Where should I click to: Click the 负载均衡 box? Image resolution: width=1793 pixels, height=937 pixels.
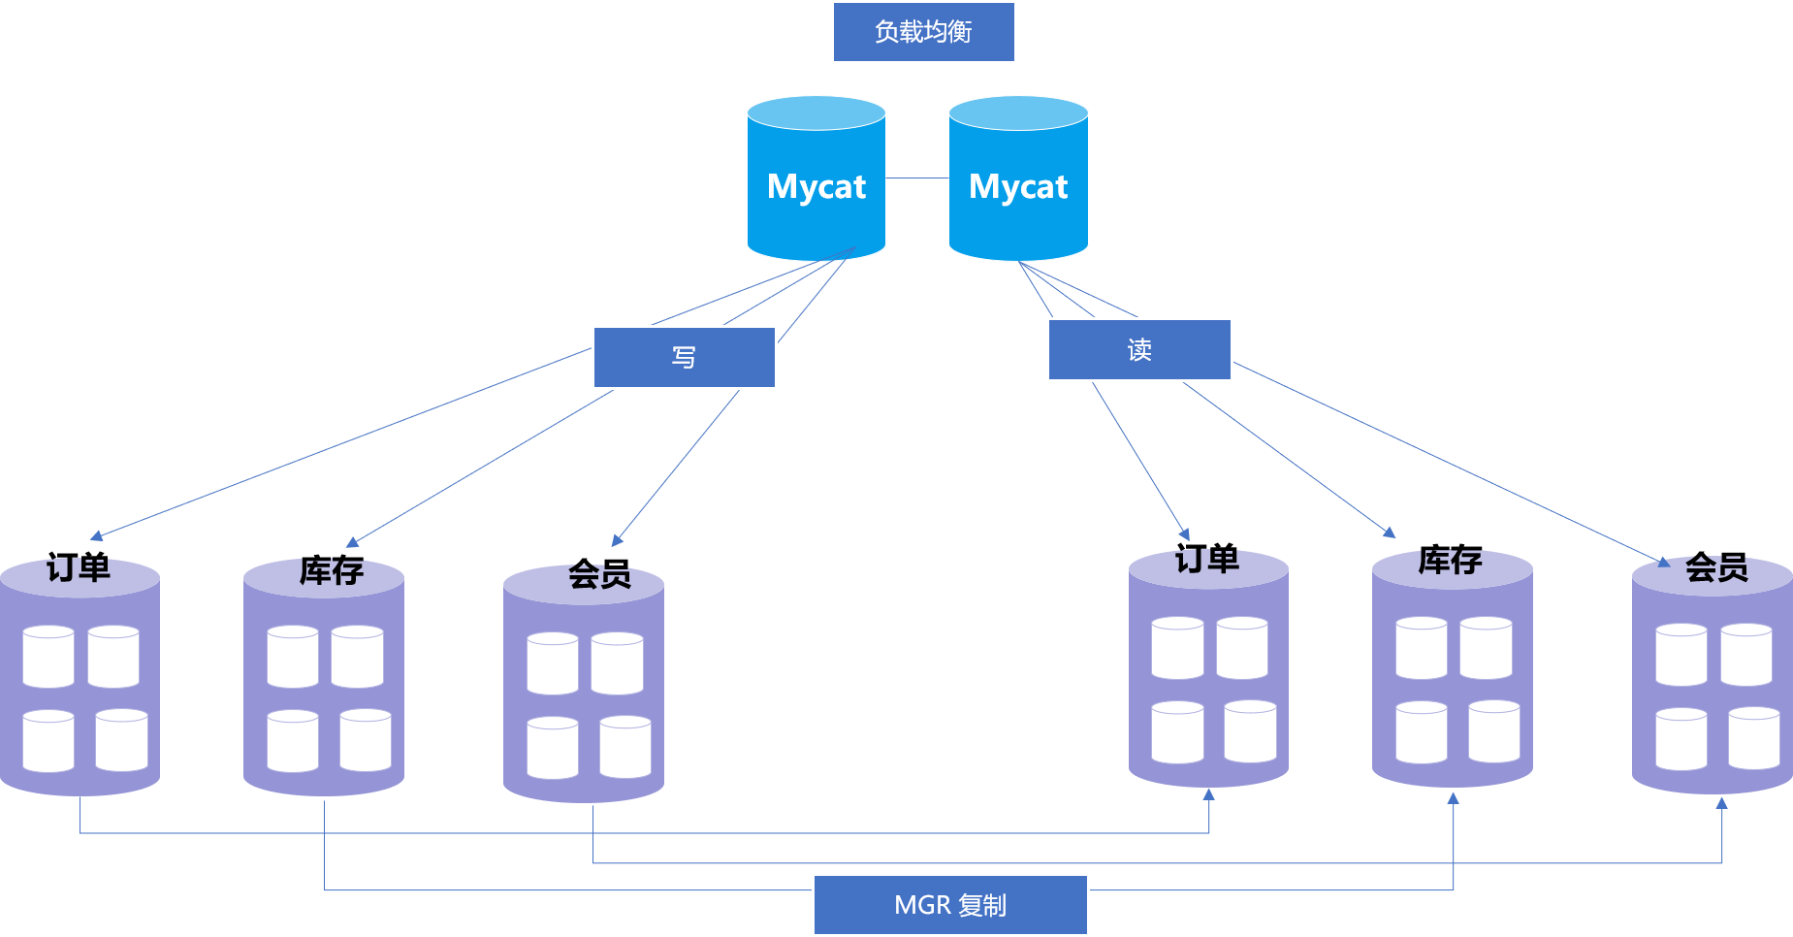click(x=923, y=32)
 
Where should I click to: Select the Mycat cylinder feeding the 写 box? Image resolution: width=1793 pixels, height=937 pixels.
click(x=816, y=184)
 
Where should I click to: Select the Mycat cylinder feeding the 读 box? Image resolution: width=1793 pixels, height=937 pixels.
click(x=1018, y=184)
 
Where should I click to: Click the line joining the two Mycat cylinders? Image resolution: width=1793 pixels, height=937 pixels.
click(x=916, y=178)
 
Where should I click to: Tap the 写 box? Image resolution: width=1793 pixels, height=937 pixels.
click(x=684, y=357)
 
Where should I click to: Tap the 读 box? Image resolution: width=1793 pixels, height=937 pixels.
click(x=1139, y=349)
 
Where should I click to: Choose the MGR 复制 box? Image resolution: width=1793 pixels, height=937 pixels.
click(x=950, y=905)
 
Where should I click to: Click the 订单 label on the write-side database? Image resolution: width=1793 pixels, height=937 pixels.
click(x=79, y=568)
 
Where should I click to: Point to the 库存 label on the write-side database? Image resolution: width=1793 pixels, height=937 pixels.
click(x=331, y=571)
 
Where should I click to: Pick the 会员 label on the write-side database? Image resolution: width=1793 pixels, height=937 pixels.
click(x=599, y=576)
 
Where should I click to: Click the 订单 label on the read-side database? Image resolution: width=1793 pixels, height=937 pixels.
click(x=1207, y=561)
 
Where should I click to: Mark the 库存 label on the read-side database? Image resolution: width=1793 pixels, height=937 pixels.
click(x=1450, y=562)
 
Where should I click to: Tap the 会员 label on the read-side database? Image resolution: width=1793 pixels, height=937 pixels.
click(x=1716, y=568)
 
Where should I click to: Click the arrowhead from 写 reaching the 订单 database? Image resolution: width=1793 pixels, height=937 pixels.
click(x=96, y=535)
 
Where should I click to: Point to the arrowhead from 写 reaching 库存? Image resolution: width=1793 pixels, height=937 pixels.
click(x=353, y=542)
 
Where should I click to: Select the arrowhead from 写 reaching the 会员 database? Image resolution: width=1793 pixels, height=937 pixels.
click(x=617, y=540)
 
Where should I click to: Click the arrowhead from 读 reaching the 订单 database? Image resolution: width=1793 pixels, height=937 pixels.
click(x=1184, y=533)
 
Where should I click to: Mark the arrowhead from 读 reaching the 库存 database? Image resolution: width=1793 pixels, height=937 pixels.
click(x=1390, y=532)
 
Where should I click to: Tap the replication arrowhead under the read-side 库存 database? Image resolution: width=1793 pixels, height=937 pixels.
click(x=1453, y=798)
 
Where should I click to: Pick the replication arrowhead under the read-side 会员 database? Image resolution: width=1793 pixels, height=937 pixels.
click(x=1721, y=803)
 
